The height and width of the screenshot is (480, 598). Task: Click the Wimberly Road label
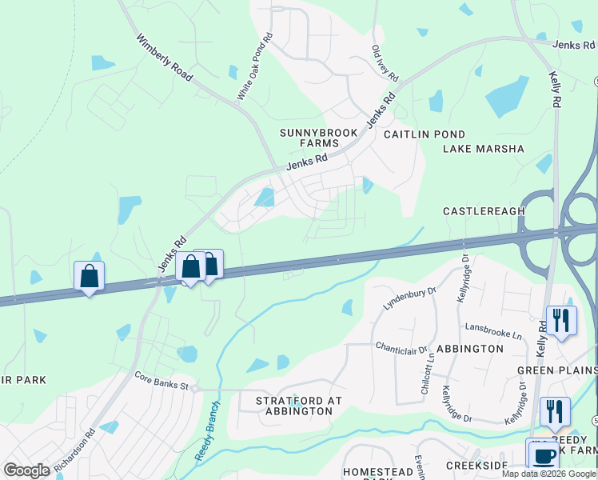pyautogui.click(x=165, y=57)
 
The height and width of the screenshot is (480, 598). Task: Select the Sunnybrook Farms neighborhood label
pyautogui.click(x=304, y=138)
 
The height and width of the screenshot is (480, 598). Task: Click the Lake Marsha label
pyautogui.click(x=484, y=149)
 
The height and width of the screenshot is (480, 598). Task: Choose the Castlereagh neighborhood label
pyautogui.click(x=484, y=211)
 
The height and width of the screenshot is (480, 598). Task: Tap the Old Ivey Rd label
pyautogui.click(x=385, y=62)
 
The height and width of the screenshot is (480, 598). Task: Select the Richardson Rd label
pyautogui.click(x=74, y=450)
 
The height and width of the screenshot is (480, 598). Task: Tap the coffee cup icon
pyautogui.click(x=544, y=455)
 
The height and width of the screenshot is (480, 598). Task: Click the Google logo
pyautogui.click(x=26, y=470)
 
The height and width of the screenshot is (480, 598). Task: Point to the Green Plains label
pyautogui.click(x=556, y=370)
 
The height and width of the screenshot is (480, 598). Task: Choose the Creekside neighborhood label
pyautogui.click(x=477, y=466)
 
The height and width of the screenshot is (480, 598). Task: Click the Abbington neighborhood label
pyautogui.click(x=468, y=349)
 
